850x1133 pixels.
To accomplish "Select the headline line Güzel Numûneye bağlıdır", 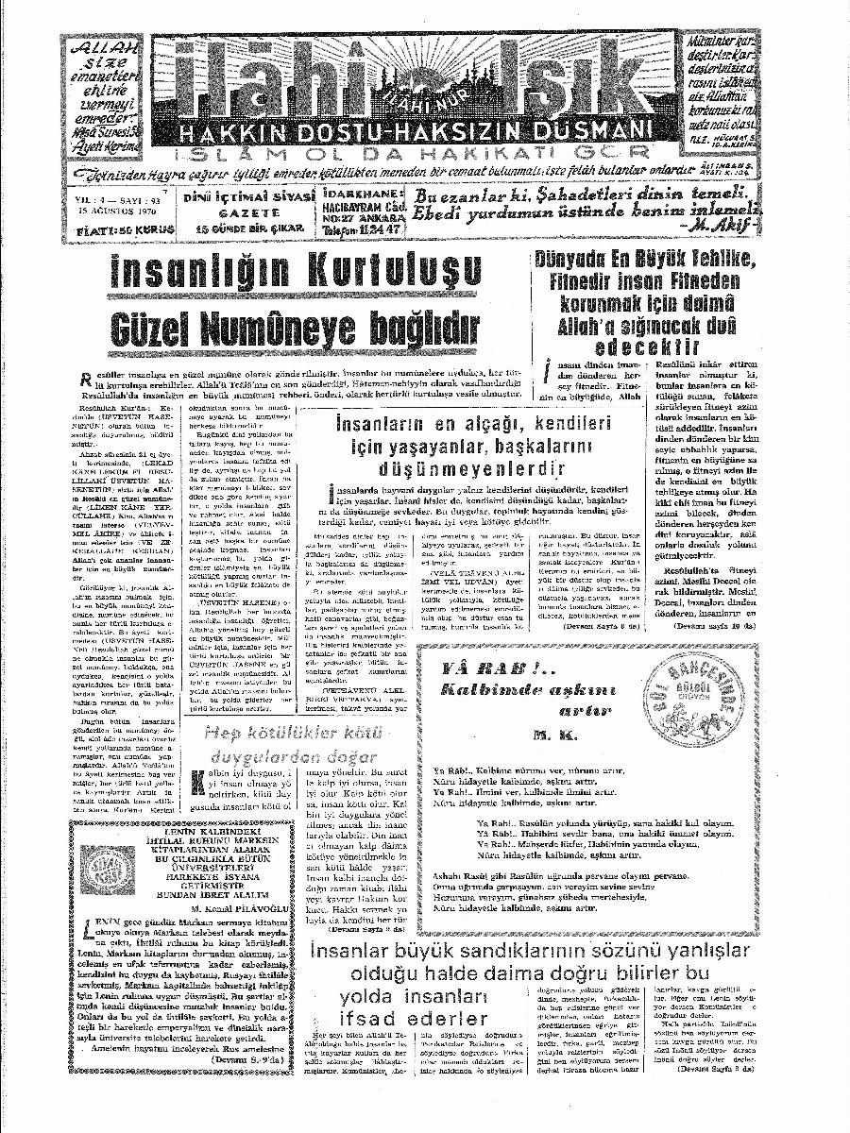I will (x=294, y=329).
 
